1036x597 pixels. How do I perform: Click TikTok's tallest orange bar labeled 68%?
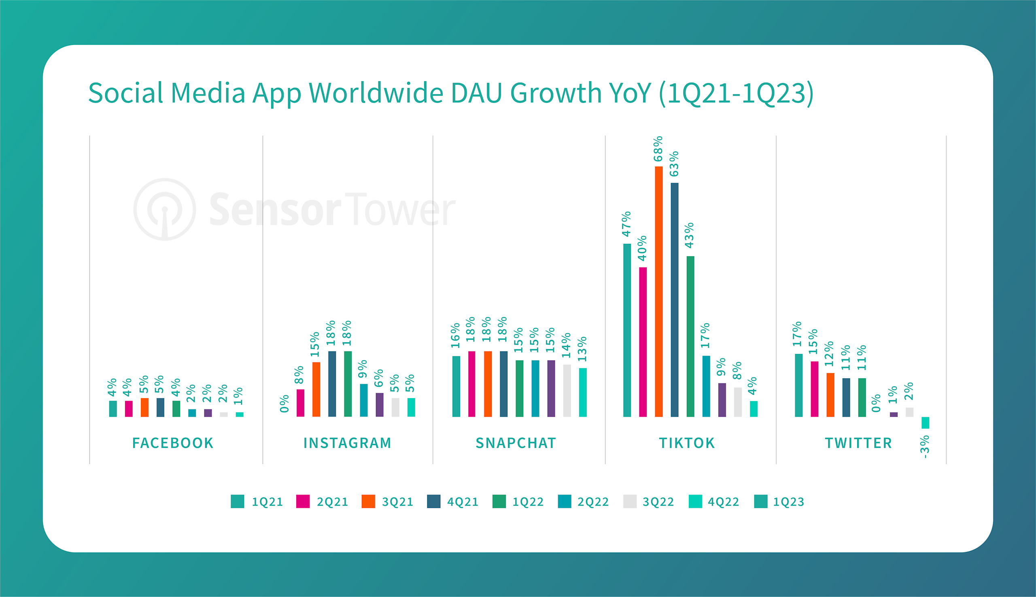tap(658, 291)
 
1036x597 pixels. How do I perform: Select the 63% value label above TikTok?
tap(674, 164)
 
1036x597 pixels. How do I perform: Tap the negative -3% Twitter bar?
tap(925, 422)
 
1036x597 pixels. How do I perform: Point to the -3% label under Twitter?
tap(925, 447)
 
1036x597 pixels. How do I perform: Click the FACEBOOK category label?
tap(173, 443)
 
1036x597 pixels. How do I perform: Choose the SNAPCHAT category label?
tap(516, 443)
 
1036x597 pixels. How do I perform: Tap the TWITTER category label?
tap(858, 443)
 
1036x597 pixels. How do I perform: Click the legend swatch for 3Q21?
tap(368, 501)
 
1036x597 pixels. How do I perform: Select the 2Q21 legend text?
tap(332, 502)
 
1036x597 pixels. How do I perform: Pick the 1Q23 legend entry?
tap(788, 502)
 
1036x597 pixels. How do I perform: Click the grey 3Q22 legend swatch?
tap(630, 501)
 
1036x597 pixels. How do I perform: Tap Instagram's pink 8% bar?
tap(300, 403)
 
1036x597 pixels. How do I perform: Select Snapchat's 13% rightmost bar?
tap(582, 392)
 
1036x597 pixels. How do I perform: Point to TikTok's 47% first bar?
tap(627, 330)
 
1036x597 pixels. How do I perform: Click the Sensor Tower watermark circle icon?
tap(165, 209)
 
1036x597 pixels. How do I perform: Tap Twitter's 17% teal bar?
tap(798, 385)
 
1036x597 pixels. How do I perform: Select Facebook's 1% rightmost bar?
tap(240, 414)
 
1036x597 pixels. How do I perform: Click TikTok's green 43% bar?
tap(690, 336)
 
